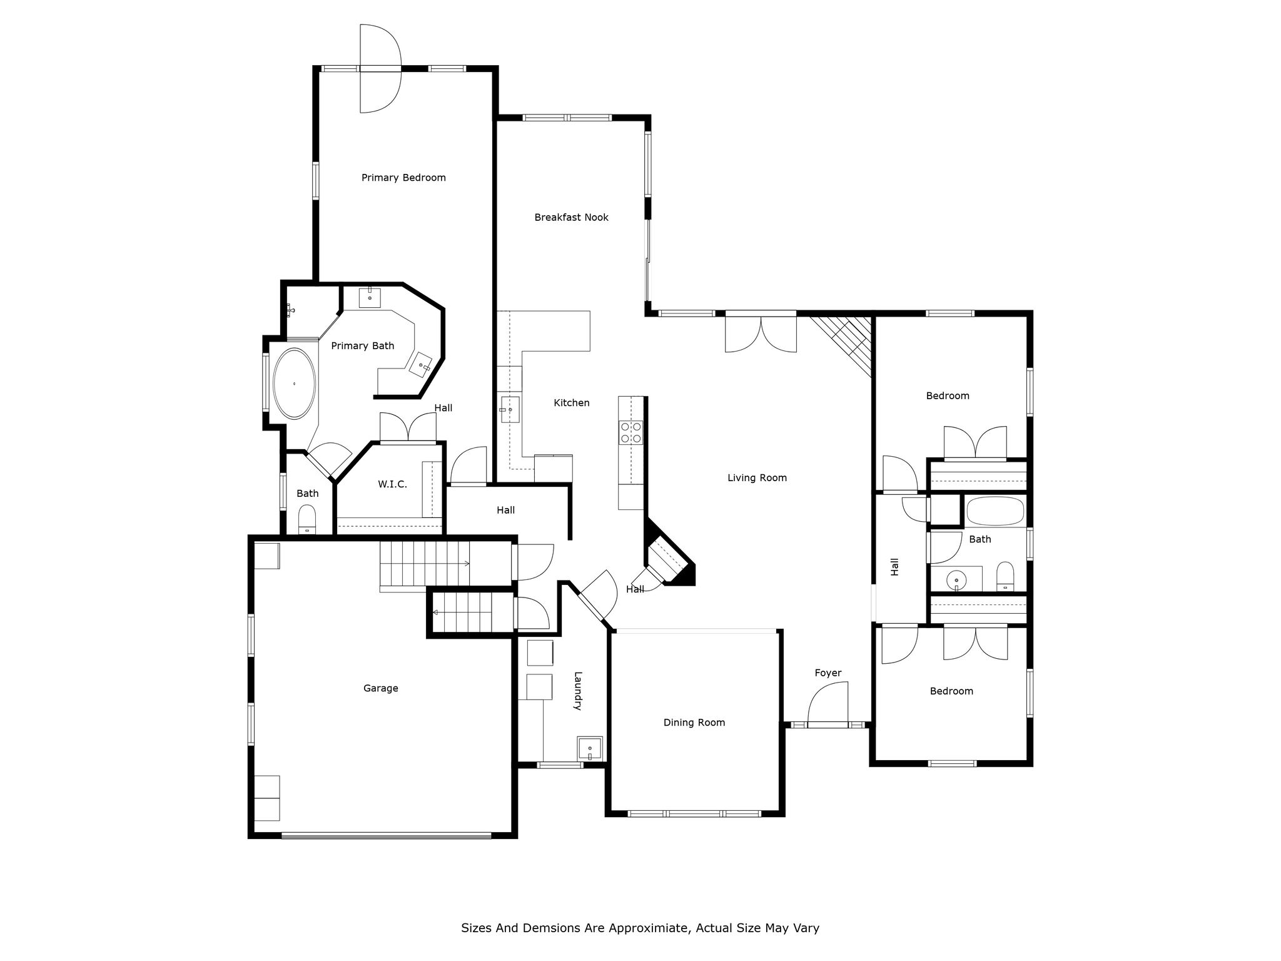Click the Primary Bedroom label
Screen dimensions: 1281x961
pos(403,178)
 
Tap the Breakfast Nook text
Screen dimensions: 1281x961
pos(571,217)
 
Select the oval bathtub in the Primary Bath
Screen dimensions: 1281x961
pos(294,383)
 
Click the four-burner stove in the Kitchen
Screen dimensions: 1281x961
pos(630,432)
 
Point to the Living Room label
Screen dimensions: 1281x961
pos(757,478)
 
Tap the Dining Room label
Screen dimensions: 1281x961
pos(694,723)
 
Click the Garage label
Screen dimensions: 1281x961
pos(381,688)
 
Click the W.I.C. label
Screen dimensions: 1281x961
pos(392,484)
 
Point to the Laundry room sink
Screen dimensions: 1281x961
pos(590,748)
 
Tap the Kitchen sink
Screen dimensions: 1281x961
pos(510,409)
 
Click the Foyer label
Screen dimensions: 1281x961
pos(828,673)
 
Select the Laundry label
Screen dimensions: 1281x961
pos(578,691)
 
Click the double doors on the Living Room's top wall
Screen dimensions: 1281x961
pos(761,333)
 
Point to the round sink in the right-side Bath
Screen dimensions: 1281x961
pos(956,581)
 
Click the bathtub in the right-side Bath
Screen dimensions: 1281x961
pos(995,511)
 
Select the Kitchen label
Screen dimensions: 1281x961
pos(572,403)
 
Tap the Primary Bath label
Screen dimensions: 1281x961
pos(363,346)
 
